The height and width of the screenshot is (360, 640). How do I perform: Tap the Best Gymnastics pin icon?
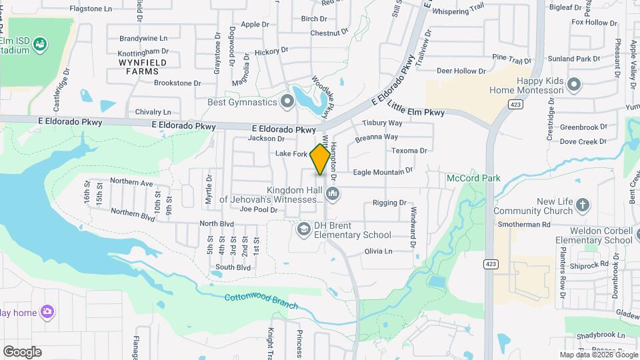287,102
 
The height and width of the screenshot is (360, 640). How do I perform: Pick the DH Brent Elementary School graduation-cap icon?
304,229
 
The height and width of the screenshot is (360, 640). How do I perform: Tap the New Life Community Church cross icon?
583,206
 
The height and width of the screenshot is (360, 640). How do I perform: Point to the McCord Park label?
473,178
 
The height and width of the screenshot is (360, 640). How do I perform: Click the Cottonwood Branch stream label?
261,301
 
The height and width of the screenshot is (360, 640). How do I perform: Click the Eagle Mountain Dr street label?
383,172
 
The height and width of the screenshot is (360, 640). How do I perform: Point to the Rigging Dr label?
389,203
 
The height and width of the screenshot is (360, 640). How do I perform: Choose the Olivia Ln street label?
378,251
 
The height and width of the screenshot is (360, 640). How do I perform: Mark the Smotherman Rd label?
523,225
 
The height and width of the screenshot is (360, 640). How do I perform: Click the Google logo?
22,351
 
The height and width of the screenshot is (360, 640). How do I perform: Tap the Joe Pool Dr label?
258,209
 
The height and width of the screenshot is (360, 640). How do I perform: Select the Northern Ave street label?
131,182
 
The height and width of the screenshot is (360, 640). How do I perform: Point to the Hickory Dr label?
271,50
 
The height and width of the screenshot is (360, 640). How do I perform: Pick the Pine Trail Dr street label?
511,59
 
